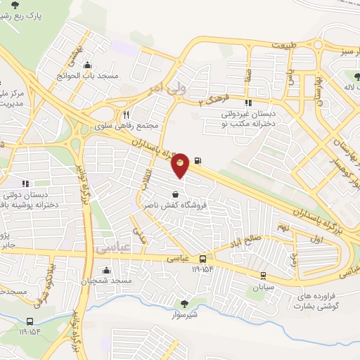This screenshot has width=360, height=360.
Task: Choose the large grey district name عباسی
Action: tap(77, 247)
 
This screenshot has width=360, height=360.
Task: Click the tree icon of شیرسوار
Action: tap(184, 304)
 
